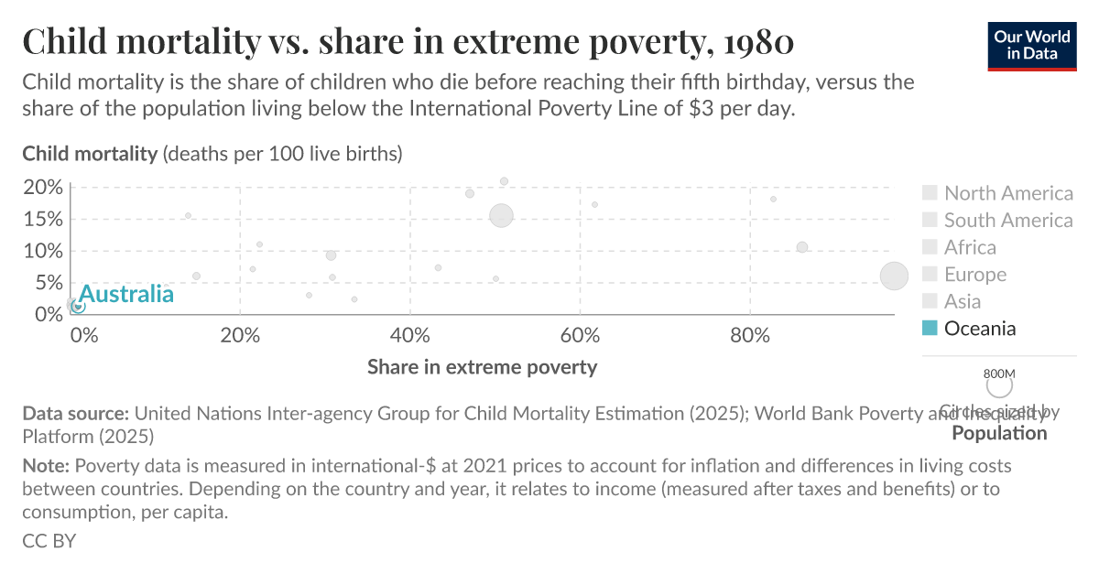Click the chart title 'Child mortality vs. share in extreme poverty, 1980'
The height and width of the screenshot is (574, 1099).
click(408, 41)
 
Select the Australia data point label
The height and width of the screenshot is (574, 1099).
click(126, 294)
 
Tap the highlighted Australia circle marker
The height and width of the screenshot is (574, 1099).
click(79, 306)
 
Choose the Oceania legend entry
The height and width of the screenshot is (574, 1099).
click(980, 329)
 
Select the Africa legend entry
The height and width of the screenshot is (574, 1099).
click(970, 247)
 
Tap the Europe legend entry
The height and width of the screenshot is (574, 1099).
click(975, 275)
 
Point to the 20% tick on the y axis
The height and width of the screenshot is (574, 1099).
click(43, 188)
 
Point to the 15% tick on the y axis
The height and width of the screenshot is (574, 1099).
click(43, 219)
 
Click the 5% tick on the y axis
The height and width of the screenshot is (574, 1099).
click(47, 282)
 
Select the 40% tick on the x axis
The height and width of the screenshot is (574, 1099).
click(409, 334)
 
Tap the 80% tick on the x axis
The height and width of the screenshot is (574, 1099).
click(750, 334)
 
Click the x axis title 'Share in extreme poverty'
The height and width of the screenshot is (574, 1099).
click(482, 367)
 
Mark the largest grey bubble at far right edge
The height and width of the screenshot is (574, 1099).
click(894, 276)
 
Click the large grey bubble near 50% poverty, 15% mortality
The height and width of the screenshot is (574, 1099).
click(501, 216)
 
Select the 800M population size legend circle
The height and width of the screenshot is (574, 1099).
click(999, 387)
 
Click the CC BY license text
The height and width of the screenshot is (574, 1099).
click(49, 541)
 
